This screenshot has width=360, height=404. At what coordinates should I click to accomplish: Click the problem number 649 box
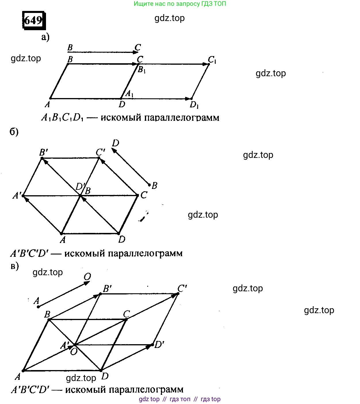pyautogui.click(x=34, y=20)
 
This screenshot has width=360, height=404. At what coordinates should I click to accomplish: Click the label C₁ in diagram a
pyautogui.click(x=212, y=60)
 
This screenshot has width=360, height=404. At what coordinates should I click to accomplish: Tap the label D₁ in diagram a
pyautogui.click(x=194, y=105)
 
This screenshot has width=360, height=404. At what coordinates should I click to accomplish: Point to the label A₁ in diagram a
pyautogui.click(x=130, y=93)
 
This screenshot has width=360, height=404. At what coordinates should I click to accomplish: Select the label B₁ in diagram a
pyautogui.click(x=142, y=70)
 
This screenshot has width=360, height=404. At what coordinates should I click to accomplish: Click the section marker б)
pyautogui.click(x=14, y=132)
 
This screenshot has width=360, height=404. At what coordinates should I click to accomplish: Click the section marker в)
pyautogui.click(x=15, y=266)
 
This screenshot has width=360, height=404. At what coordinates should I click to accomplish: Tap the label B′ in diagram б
pyautogui.click(x=44, y=152)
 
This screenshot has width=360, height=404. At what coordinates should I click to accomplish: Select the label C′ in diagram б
pyautogui.click(x=100, y=152)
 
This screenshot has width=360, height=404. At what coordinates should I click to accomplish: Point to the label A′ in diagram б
pyautogui.click(x=17, y=196)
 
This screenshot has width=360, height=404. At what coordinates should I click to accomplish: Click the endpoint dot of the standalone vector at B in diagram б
pyautogui.click(x=149, y=185)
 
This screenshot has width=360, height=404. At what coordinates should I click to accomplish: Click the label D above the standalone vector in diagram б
pyautogui.click(x=116, y=143)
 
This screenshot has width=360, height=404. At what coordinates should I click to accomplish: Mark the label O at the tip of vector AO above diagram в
pyautogui.click(x=87, y=277)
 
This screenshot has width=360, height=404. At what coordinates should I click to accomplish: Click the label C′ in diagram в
pyautogui.click(x=182, y=288)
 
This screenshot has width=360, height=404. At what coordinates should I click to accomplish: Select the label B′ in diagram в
pyautogui.click(x=108, y=288)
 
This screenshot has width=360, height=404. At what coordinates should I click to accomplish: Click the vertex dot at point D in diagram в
pyautogui.click(x=101, y=370)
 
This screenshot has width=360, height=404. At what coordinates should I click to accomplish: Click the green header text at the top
pyautogui.click(x=180, y=4)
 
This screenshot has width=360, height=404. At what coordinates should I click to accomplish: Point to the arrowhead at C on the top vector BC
pyautogui.click(x=136, y=52)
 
